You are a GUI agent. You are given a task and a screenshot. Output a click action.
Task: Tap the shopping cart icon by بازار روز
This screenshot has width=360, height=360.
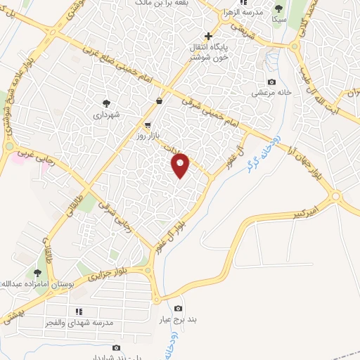click(147, 125)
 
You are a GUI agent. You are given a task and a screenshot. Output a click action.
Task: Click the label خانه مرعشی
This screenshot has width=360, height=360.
click(271, 93)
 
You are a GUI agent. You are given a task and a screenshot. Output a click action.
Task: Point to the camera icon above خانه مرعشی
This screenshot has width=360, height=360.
click(271, 82)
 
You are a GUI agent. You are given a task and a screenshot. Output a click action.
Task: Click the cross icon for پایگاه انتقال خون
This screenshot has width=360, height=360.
click(208, 35)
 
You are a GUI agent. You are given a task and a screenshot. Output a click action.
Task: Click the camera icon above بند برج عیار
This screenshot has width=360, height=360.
click(178, 309)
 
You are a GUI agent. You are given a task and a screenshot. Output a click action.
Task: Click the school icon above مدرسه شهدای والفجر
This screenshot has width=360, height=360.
click(79, 311)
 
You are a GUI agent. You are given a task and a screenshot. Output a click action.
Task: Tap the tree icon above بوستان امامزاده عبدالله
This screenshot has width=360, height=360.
click(37, 273)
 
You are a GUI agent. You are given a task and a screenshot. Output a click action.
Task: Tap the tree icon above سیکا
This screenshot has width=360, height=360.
click(278, 8)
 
